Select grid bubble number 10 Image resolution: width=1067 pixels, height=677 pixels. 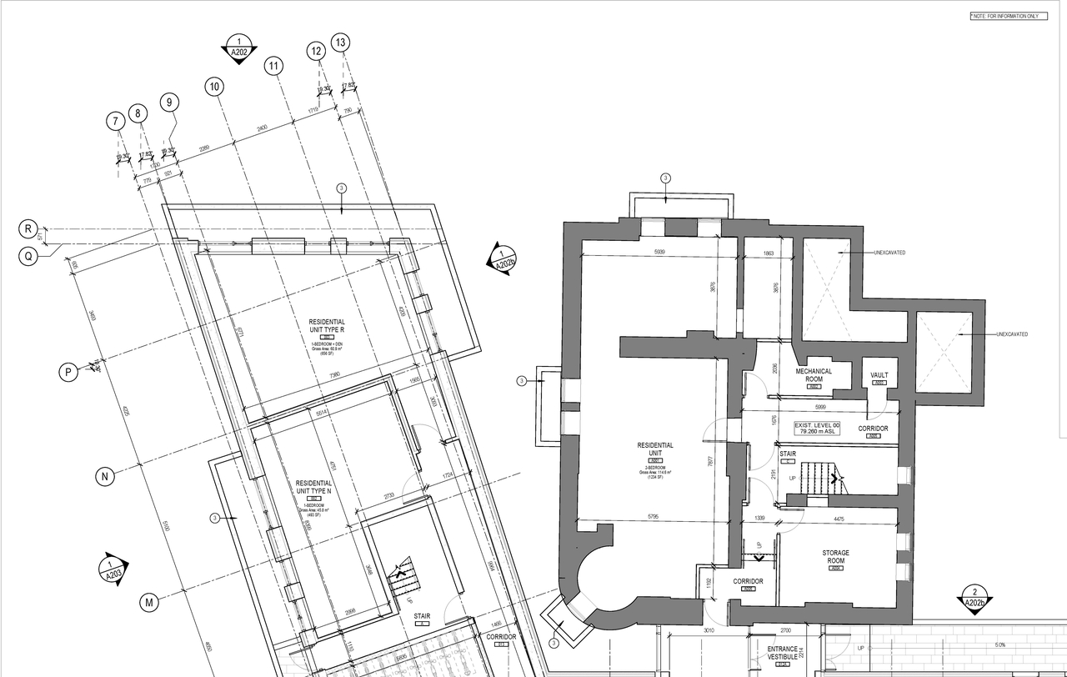[215, 87]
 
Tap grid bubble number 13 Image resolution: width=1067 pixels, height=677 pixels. [340, 43]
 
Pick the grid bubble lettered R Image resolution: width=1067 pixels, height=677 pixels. [29, 228]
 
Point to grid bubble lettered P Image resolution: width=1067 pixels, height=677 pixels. [68, 372]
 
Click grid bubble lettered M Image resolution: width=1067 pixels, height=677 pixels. [149, 601]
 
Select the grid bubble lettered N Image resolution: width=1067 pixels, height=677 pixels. [105, 477]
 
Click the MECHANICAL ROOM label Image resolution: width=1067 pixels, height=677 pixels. [814, 376]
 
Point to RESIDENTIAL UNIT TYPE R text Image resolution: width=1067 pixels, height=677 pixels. [327, 326]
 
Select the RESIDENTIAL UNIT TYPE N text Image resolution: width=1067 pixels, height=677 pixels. [314, 487]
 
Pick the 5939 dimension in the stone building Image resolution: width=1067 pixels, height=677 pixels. [659, 251]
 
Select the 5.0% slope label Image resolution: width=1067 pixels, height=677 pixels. [999, 644]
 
